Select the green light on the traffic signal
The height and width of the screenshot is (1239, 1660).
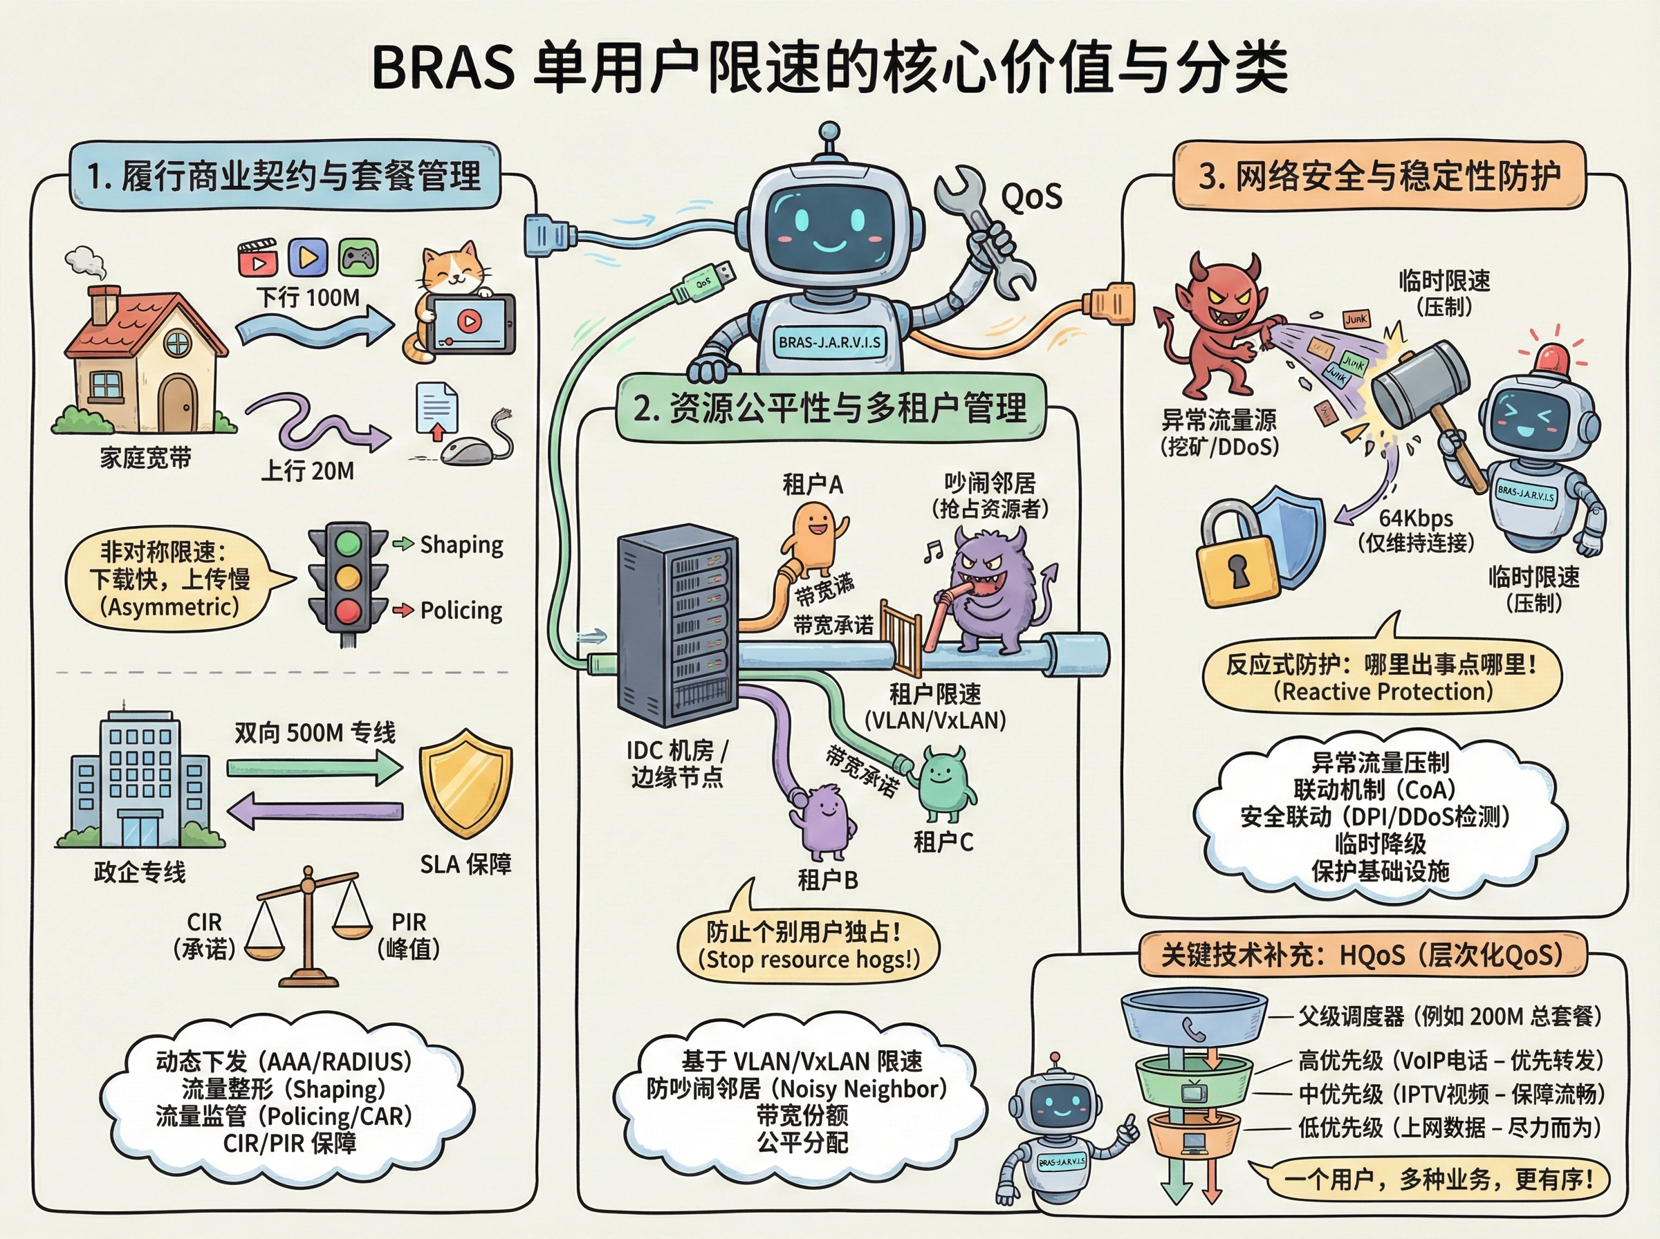tap(347, 543)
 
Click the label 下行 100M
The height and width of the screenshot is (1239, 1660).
tap(309, 298)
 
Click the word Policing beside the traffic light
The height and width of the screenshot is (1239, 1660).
tap(461, 611)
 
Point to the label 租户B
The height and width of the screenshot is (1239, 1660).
tap(827, 879)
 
